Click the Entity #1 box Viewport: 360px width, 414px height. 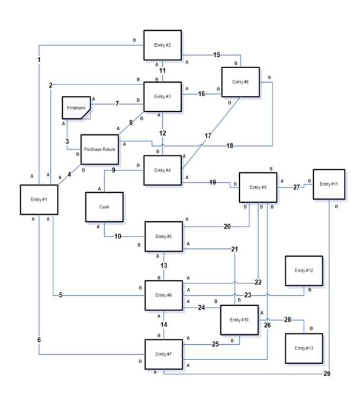(38, 200)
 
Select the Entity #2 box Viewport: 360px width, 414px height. (163, 46)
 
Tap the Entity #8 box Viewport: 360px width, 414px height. (240, 82)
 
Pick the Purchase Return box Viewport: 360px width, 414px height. (99, 150)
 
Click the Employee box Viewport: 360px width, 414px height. (77, 108)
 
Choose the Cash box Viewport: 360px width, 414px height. (104, 207)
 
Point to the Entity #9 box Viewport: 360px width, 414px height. (258, 187)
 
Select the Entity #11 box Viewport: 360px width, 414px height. (329, 185)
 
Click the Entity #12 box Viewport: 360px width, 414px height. (303, 271)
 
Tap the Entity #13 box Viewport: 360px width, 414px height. (303, 348)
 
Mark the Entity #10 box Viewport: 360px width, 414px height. (239, 320)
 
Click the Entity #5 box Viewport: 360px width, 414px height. (164, 237)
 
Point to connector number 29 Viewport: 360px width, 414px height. (327, 374)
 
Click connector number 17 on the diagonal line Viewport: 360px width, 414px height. (208, 136)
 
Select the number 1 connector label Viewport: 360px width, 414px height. (39, 60)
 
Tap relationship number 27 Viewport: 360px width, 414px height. (297, 187)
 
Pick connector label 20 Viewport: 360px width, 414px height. (227, 227)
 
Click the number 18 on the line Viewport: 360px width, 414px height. (230, 145)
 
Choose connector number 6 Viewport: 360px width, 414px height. (39, 339)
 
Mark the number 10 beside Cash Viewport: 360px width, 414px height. (117, 237)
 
